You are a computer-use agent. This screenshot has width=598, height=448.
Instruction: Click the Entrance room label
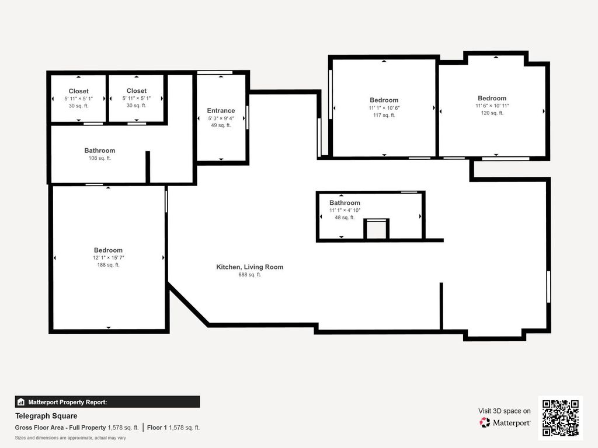click(221, 110)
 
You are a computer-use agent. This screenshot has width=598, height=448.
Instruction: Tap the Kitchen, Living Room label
click(250, 267)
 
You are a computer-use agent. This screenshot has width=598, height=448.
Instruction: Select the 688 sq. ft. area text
click(250, 275)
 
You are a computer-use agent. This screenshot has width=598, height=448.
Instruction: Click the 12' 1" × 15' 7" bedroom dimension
click(108, 257)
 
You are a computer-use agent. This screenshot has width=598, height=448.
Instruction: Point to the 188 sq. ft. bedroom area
click(108, 265)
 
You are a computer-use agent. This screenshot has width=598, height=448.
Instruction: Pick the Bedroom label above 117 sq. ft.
click(384, 100)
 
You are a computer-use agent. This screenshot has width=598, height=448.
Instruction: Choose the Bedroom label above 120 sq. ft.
click(492, 98)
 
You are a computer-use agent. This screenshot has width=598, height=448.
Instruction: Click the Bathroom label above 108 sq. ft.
click(99, 150)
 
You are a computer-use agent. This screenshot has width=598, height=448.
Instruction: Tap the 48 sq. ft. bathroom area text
click(345, 218)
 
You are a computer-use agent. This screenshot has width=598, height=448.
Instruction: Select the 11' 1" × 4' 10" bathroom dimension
click(345, 210)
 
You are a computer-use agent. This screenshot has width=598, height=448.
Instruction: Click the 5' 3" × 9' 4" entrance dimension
click(221, 118)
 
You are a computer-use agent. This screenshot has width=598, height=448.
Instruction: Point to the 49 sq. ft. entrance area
click(221, 125)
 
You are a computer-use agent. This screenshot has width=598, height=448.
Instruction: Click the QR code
click(561, 418)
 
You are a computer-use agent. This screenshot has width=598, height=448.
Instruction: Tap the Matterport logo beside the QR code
click(505, 422)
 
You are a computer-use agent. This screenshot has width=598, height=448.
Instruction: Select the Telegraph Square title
click(46, 416)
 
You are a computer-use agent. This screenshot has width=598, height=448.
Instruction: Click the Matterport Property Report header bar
click(107, 402)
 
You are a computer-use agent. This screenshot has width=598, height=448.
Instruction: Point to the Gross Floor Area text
click(77, 428)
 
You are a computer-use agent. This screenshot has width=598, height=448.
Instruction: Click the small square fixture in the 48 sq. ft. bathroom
click(377, 229)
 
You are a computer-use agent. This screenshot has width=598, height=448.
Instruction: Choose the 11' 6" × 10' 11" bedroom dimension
click(492, 106)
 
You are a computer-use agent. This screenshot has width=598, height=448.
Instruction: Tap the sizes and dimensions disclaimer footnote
click(70, 438)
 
